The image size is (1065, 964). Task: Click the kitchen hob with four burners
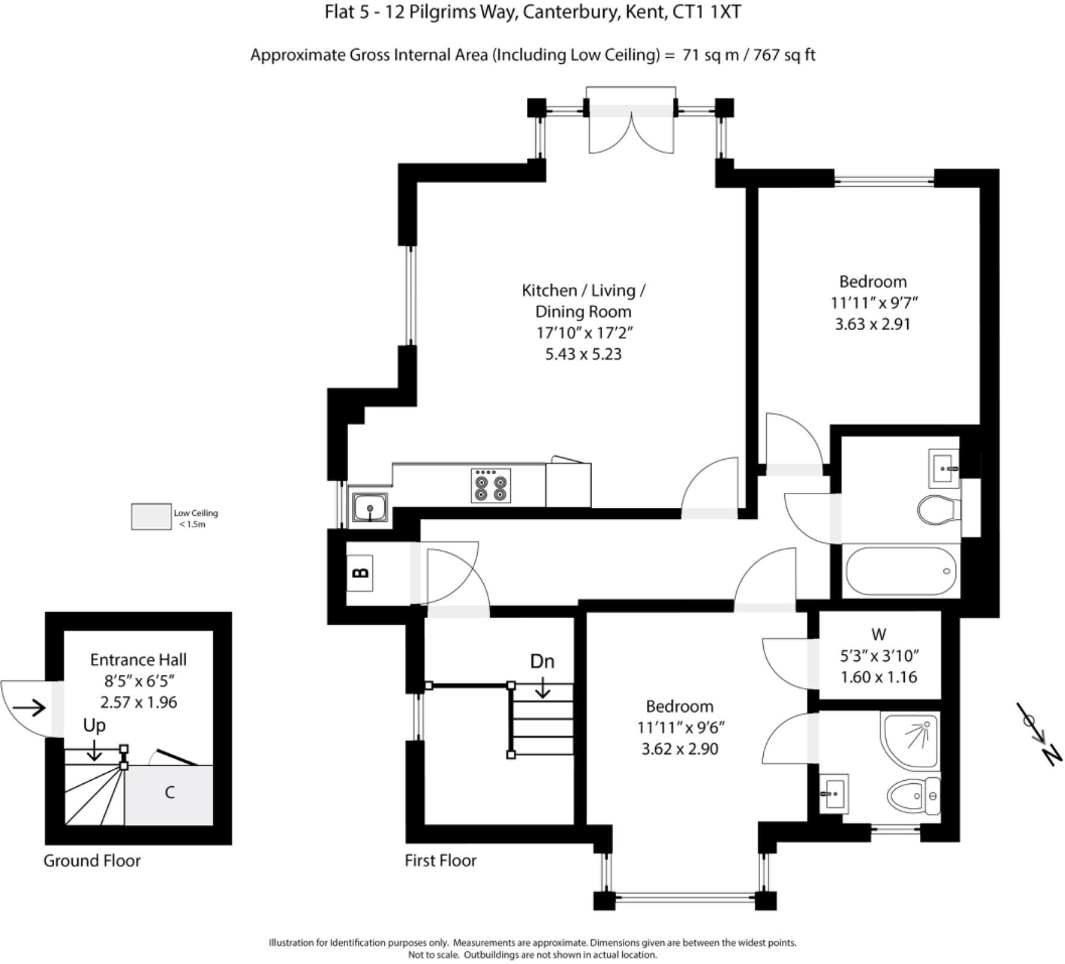(x=490, y=486)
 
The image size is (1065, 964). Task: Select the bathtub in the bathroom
(x=900, y=571)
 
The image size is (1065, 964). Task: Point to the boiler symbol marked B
(x=360, y=572)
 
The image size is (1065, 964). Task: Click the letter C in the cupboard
(x=169, y=793)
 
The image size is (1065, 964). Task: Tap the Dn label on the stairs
(x=542, y=662)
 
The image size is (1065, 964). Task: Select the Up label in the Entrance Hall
(x=94, y=725)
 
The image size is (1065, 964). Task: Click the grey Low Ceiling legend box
(x=151, y=517)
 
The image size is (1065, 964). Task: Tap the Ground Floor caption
(x=92, y=860)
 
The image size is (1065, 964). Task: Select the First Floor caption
(x=440, y=860)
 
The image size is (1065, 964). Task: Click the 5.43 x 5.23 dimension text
(x=582, y=354)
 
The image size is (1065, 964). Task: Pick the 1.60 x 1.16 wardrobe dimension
(x=878, y=677)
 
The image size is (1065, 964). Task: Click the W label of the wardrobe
(x=878, y=634)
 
